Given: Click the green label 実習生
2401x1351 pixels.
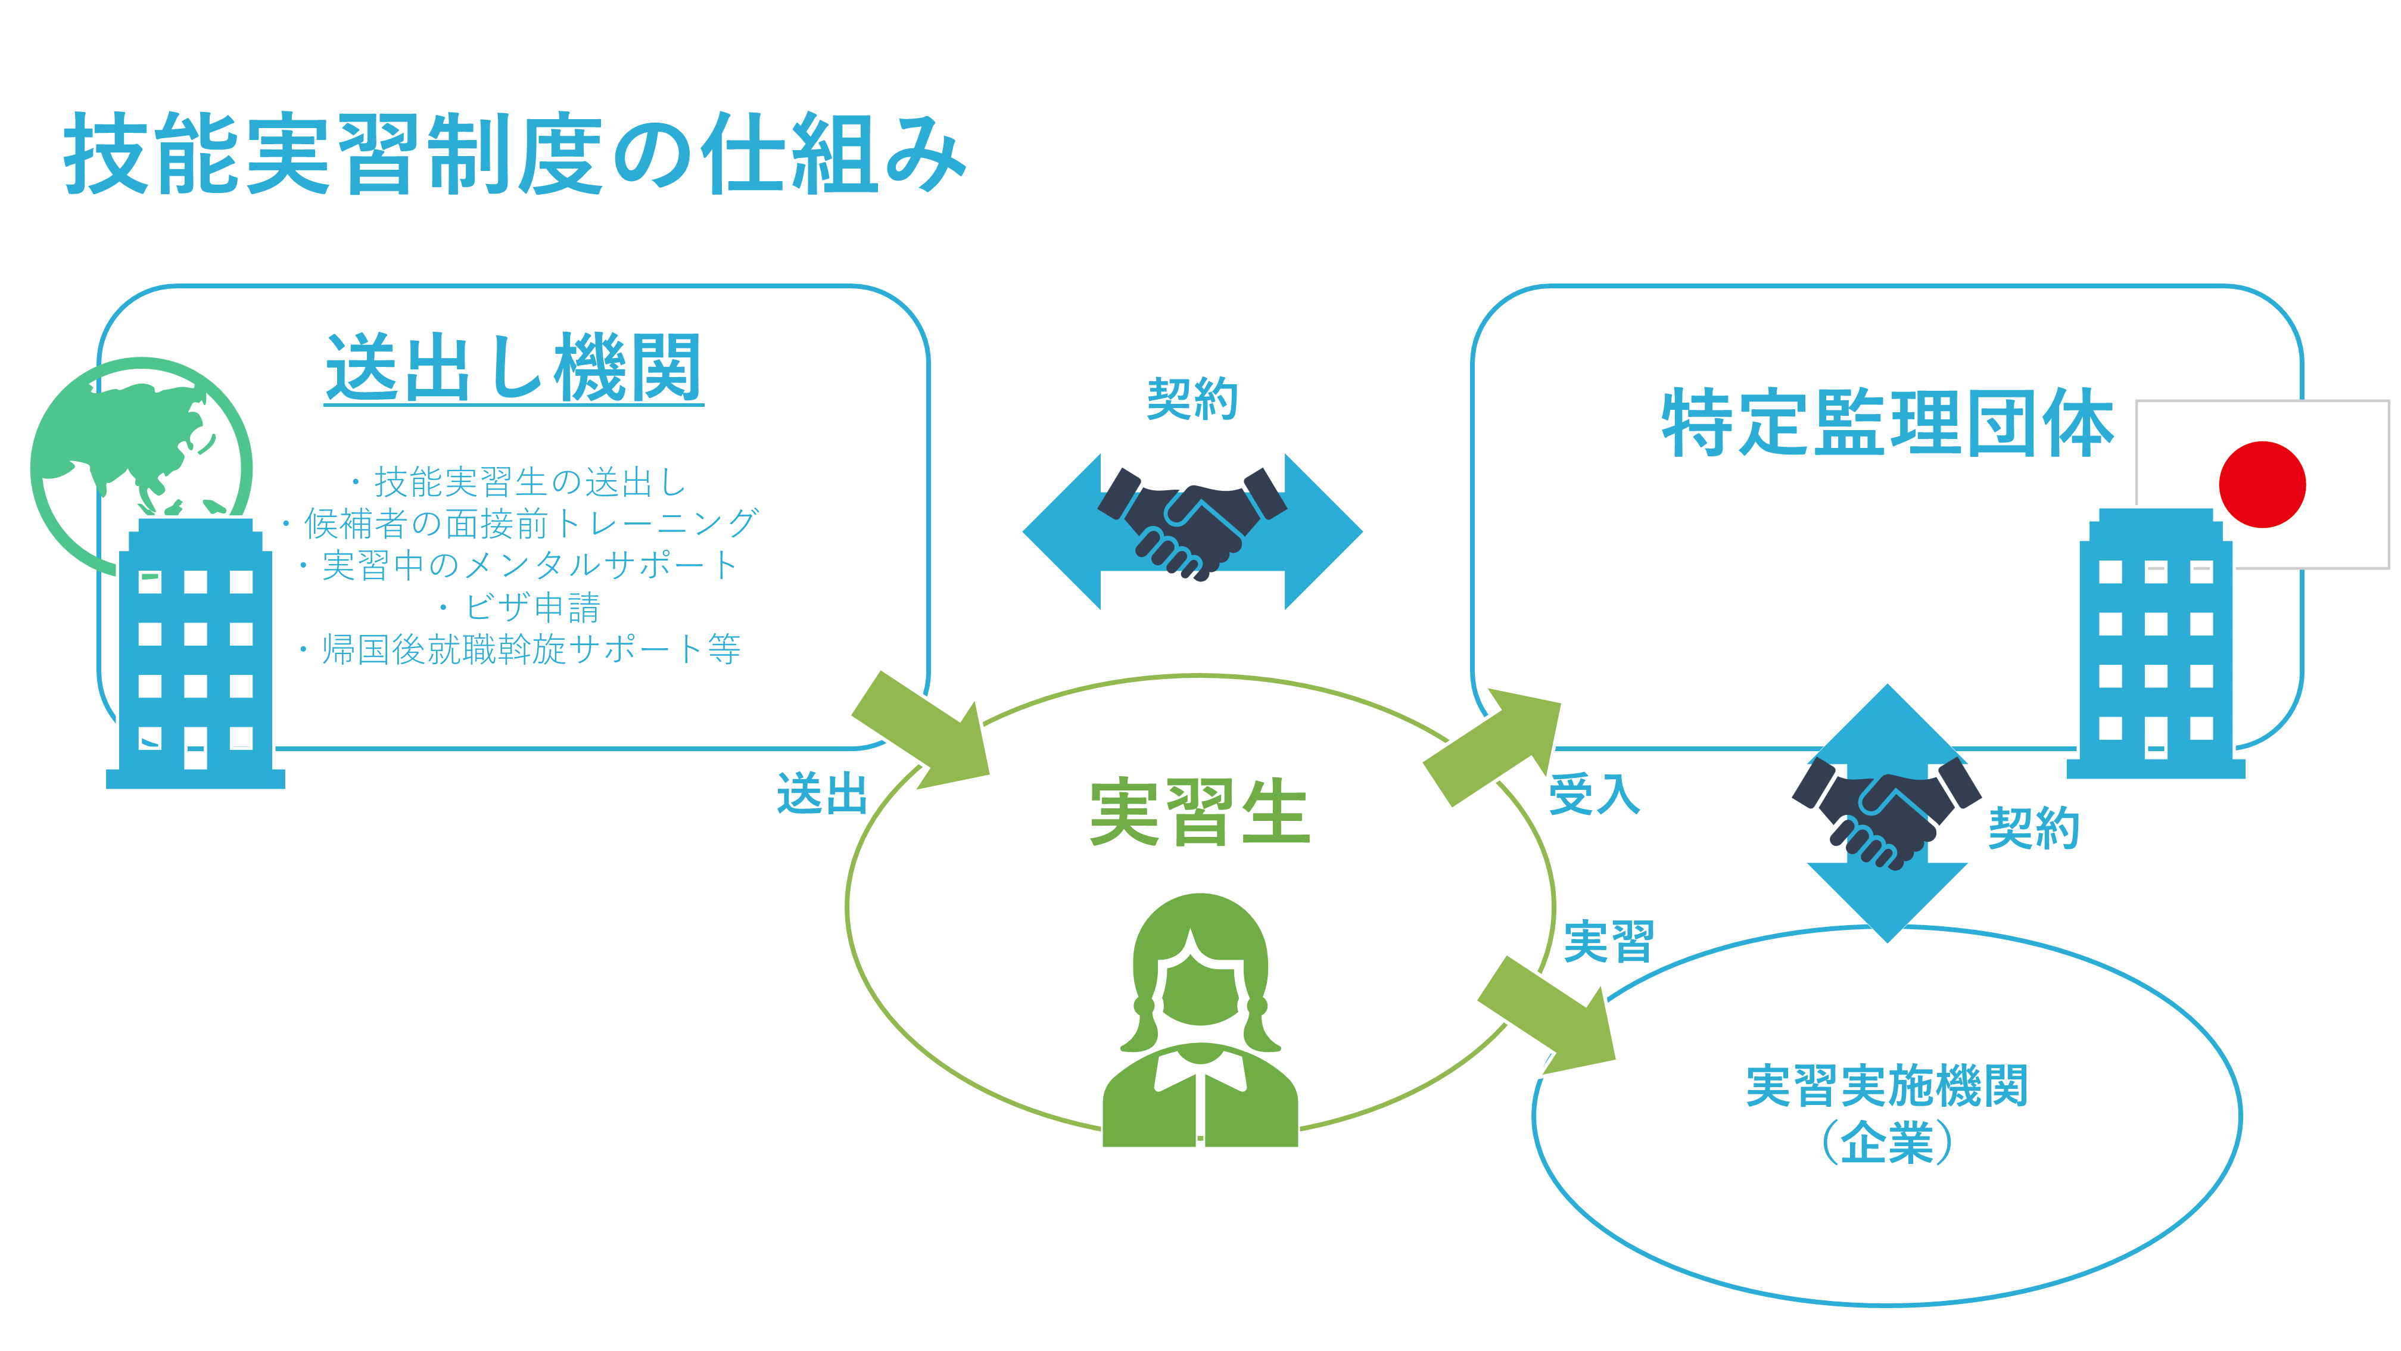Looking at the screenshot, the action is [1200, 813].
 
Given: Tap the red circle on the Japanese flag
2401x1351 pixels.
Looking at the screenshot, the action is [2262, 485].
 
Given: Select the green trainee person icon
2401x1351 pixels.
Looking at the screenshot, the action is [1201, 1020].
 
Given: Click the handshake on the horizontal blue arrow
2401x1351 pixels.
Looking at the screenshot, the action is [1192, 522].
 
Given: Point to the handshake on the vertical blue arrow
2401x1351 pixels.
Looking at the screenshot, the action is [1886, 813].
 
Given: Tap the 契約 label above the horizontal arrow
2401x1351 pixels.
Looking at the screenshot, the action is [1192, 399].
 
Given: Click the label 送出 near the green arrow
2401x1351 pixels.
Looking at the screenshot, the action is [822, 795].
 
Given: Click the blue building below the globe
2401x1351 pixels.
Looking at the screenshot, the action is [196, 653].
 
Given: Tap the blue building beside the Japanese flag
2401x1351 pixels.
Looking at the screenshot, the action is [2156, 643].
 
